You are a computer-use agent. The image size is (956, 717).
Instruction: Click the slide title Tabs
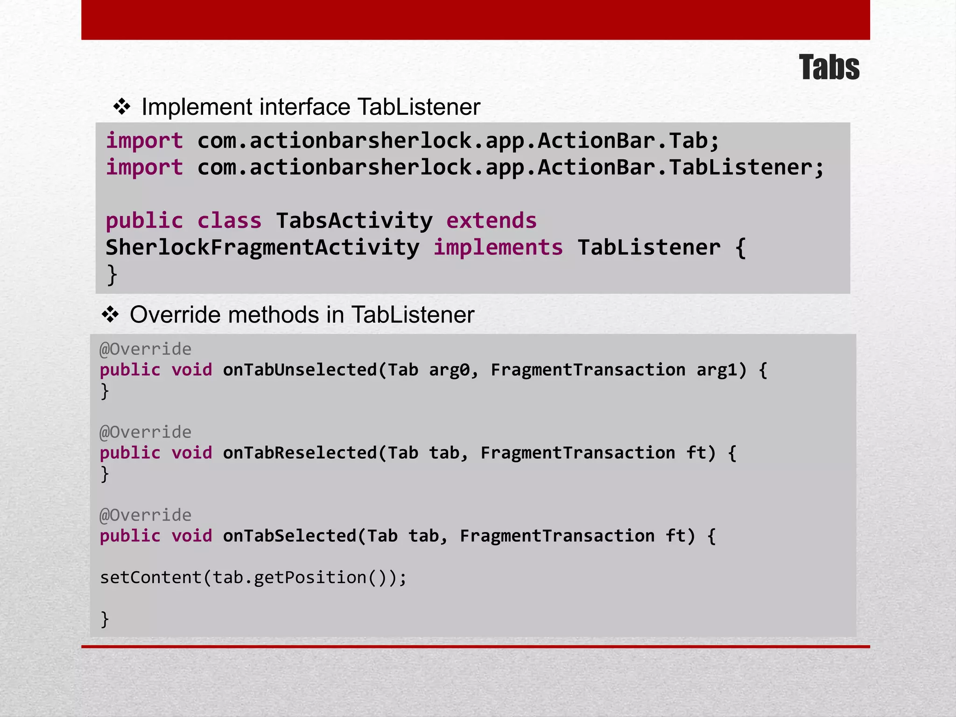click(829, 67)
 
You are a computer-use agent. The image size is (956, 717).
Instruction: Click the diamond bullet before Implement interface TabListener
click(122, 107)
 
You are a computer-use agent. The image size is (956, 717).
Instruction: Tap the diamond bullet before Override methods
click(110, 315)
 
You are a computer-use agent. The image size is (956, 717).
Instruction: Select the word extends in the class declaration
click(492, 220)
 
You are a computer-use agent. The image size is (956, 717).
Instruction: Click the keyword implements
click(498, 247)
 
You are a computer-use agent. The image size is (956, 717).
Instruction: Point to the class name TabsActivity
click(354, 220)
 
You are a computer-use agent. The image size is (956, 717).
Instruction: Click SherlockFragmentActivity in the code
click(262, 247)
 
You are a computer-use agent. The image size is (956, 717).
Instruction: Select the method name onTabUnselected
click(300, 370)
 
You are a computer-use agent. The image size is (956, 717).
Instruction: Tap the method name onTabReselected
click(300, 453)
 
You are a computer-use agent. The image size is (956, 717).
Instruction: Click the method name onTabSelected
click(289, 536)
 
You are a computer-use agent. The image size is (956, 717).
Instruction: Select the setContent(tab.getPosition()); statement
click(253, 577)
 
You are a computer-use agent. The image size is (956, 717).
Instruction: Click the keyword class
click(229, 220)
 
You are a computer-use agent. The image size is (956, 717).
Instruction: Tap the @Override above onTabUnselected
click(145, 349)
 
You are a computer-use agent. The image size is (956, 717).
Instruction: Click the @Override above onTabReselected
click(145, 432)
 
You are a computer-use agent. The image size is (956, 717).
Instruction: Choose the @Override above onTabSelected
click(145, 515)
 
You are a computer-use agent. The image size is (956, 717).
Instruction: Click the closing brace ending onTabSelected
click(105, 619)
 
